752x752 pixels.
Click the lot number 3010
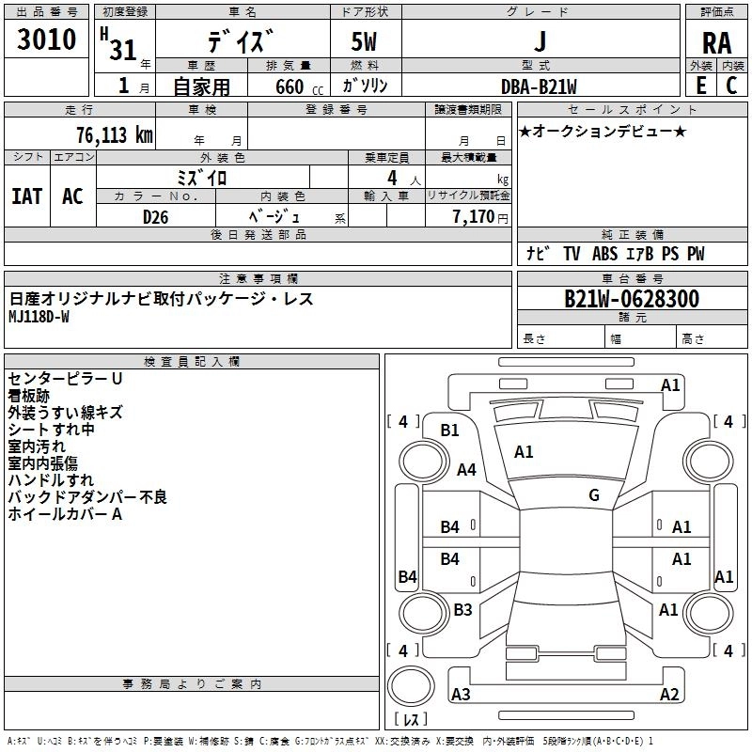46,39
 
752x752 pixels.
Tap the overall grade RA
716,43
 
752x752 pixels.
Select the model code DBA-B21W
539,86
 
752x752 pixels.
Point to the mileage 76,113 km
115,135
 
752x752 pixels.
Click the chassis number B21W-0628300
632,299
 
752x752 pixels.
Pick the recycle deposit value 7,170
474,217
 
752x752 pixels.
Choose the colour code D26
155,217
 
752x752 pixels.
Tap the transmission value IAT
27,196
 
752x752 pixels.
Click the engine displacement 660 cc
299,87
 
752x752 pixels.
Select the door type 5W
364,41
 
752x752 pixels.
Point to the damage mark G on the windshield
594,495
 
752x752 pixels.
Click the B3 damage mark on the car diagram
462,609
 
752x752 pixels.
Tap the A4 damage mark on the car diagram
466,469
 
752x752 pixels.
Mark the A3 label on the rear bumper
461,694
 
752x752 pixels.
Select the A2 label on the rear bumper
669,694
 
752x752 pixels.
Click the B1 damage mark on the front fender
450,431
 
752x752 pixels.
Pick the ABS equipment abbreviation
604,254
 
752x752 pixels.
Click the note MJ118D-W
39,317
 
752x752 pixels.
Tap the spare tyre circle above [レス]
411,686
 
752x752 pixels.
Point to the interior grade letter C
731,86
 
